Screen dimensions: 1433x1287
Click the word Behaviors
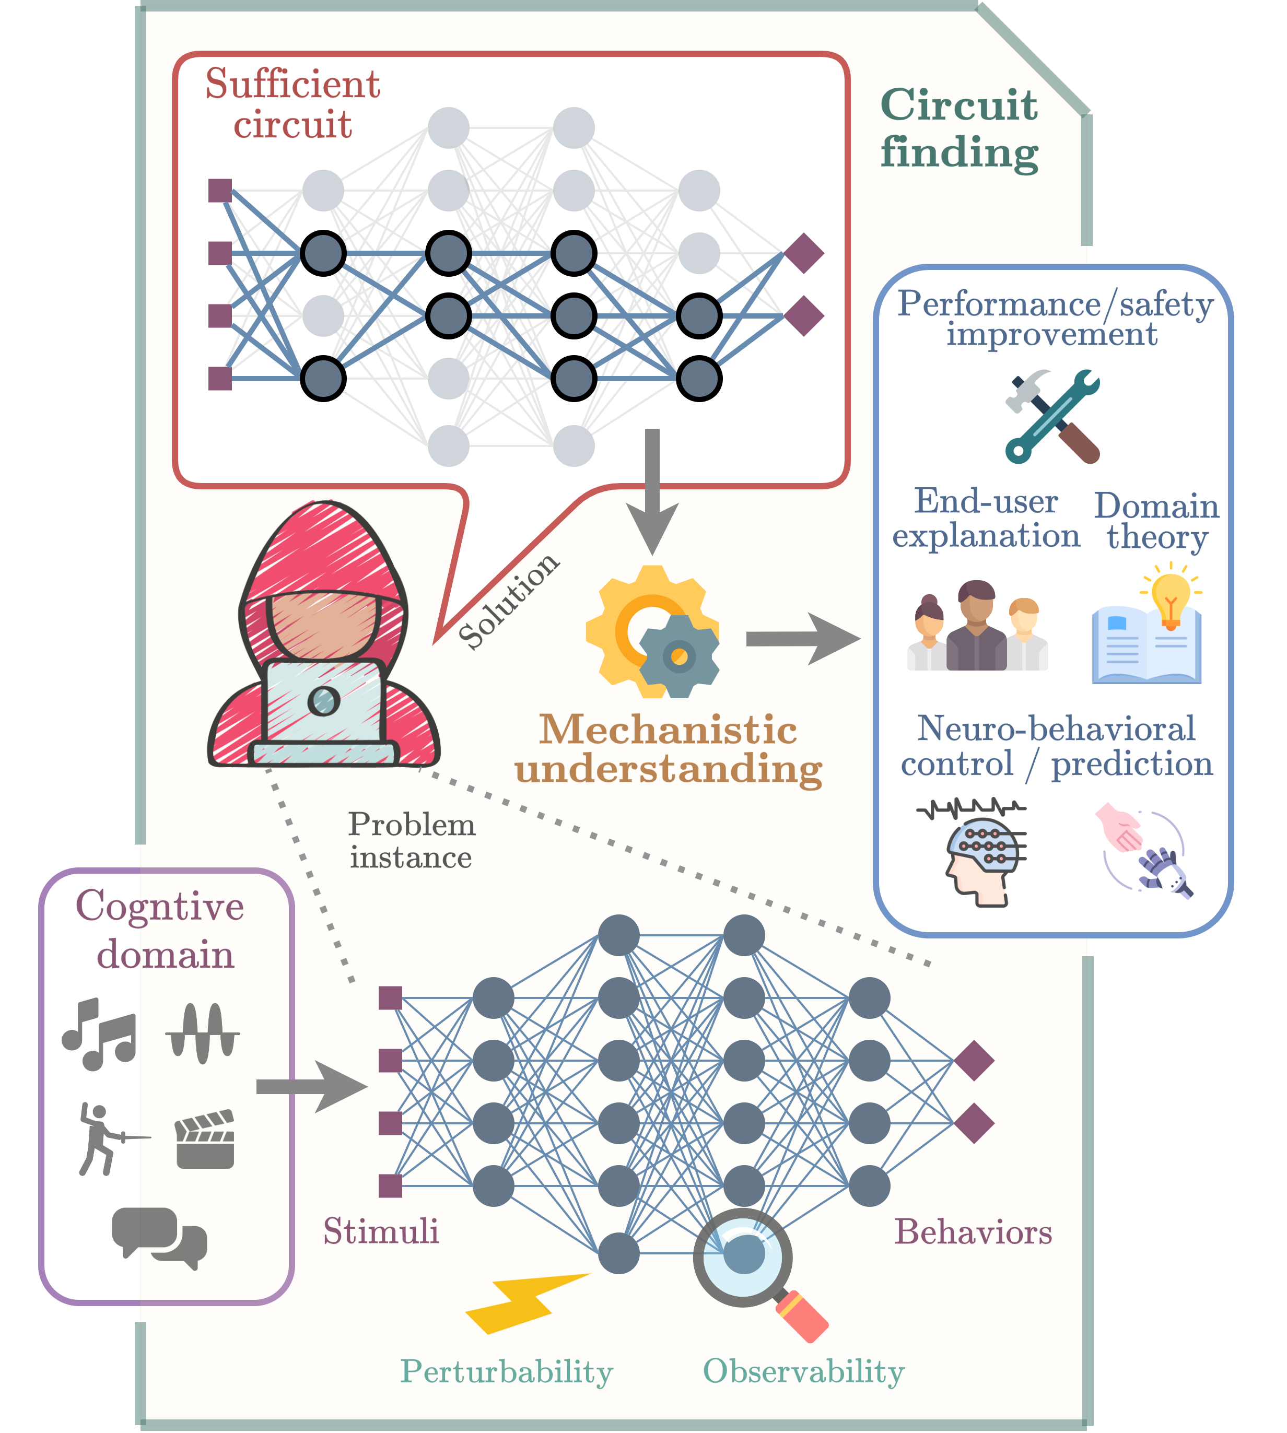[x=973, y=1233]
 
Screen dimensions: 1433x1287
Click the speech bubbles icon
[x=160, y=1238]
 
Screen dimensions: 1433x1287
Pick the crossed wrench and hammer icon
[x=1052, y=417]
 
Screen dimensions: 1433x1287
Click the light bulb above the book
[x=1171, y=598]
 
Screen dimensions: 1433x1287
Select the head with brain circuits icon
[x=979, y=855]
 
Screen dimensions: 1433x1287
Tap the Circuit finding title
[x=959, y=128]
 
